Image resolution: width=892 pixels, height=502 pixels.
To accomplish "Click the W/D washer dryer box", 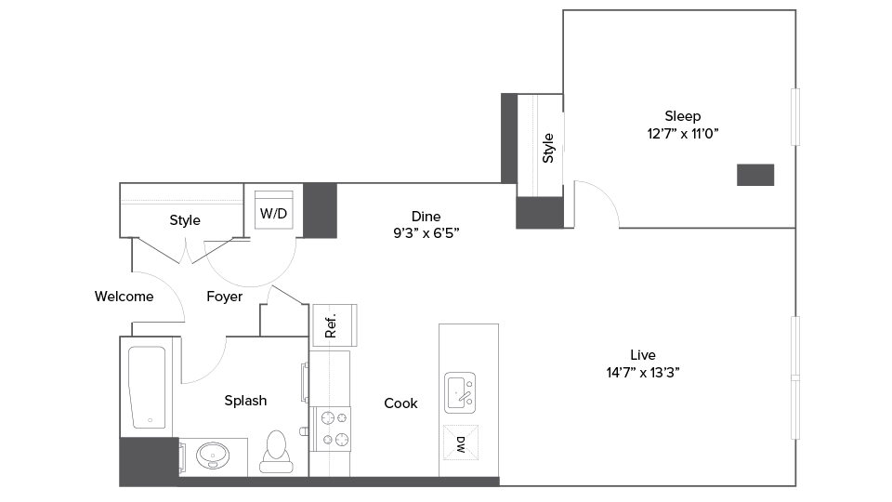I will (x=274, y=213).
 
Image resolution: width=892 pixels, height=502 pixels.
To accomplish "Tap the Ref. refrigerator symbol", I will (x=333, y=325).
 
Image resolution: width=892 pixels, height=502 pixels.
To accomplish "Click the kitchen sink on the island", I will (x=460, y=392).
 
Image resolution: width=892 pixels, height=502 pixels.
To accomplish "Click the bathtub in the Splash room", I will (x=149, y=388).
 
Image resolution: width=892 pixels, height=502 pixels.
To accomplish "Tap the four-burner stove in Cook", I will (x=333, y=428).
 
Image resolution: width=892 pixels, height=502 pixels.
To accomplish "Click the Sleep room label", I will (x=682, y=116).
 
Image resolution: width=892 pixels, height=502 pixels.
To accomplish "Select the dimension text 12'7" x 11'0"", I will (x=683, y=134).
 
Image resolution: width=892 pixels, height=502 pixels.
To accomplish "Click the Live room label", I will (x=643, y=355).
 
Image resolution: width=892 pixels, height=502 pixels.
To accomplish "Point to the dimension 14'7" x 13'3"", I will (x=643, y=373).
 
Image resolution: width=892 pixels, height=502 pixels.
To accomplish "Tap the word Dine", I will (x=426, y=217).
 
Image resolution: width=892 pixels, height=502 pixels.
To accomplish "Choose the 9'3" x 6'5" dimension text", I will (x=426, y=234).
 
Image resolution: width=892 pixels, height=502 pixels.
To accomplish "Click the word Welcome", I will (x=124, y=297).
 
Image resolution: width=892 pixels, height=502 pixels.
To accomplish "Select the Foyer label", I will (x=224, y=297).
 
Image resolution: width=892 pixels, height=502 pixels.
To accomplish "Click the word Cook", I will (x=400, y=403).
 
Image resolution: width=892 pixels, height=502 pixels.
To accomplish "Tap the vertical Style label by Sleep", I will (x=548, y=148).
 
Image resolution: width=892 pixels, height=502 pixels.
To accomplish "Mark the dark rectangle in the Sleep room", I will (x=755, y=175).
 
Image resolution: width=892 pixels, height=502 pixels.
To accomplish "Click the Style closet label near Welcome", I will (x=185, y=220).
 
